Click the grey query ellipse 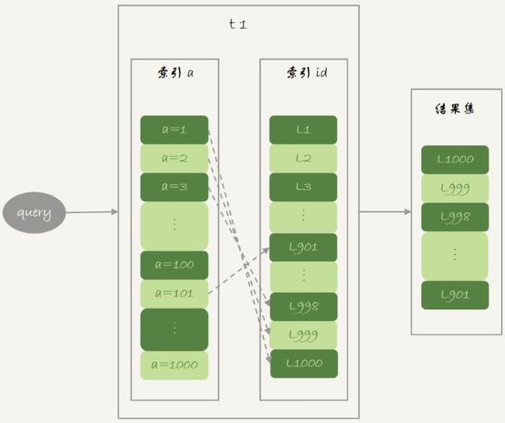click(34, 213)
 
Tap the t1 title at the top click(238, 24)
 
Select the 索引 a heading click(175, 74)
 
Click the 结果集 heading click(454, 108)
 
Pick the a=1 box click(174, 130)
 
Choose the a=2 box click(174, 158)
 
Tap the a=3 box click(174, 187)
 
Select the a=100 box click(174, 265)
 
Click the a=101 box click(174, 293)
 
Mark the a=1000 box click(174, 365)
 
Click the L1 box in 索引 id click(303, 130)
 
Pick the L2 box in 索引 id click(303, 158)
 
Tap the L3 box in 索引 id click(303, 187)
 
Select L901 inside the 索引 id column click(303, 247)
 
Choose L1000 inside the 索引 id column click(303, 363)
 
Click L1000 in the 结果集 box click(454, 160)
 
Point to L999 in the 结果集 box click(454, 188)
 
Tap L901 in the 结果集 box click(454, 295)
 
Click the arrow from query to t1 click(91, 213)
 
